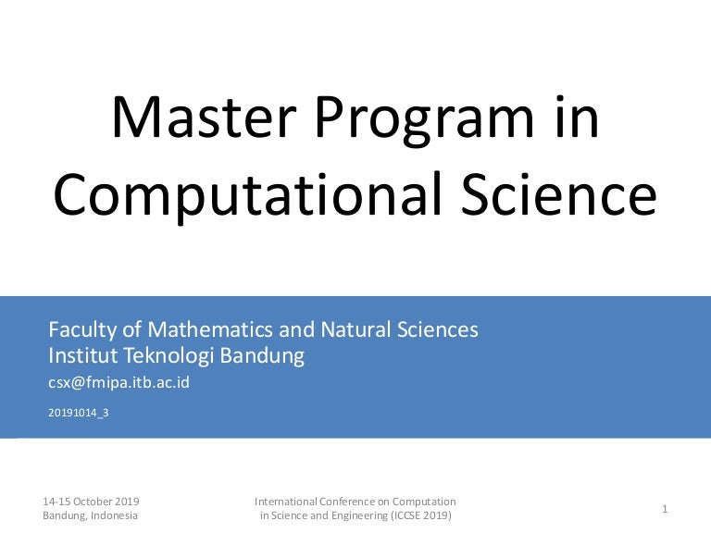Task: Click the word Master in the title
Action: [x=204, y=117]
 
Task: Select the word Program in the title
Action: [x=425, y=121]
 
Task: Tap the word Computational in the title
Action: [x=247, y=195]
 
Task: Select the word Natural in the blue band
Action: [x=355, y=329]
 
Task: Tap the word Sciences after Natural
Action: [x=438, y=329]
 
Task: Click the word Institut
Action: [x=83, y=355]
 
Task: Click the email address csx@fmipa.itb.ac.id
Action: [x=118, y=383]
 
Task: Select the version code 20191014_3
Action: [x=79, y=413]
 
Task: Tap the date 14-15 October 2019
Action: [x=91, y=502]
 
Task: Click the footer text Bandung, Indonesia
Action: [x=90, y=515]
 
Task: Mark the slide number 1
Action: [x=665, y=509]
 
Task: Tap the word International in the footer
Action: [x=286, y=502]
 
